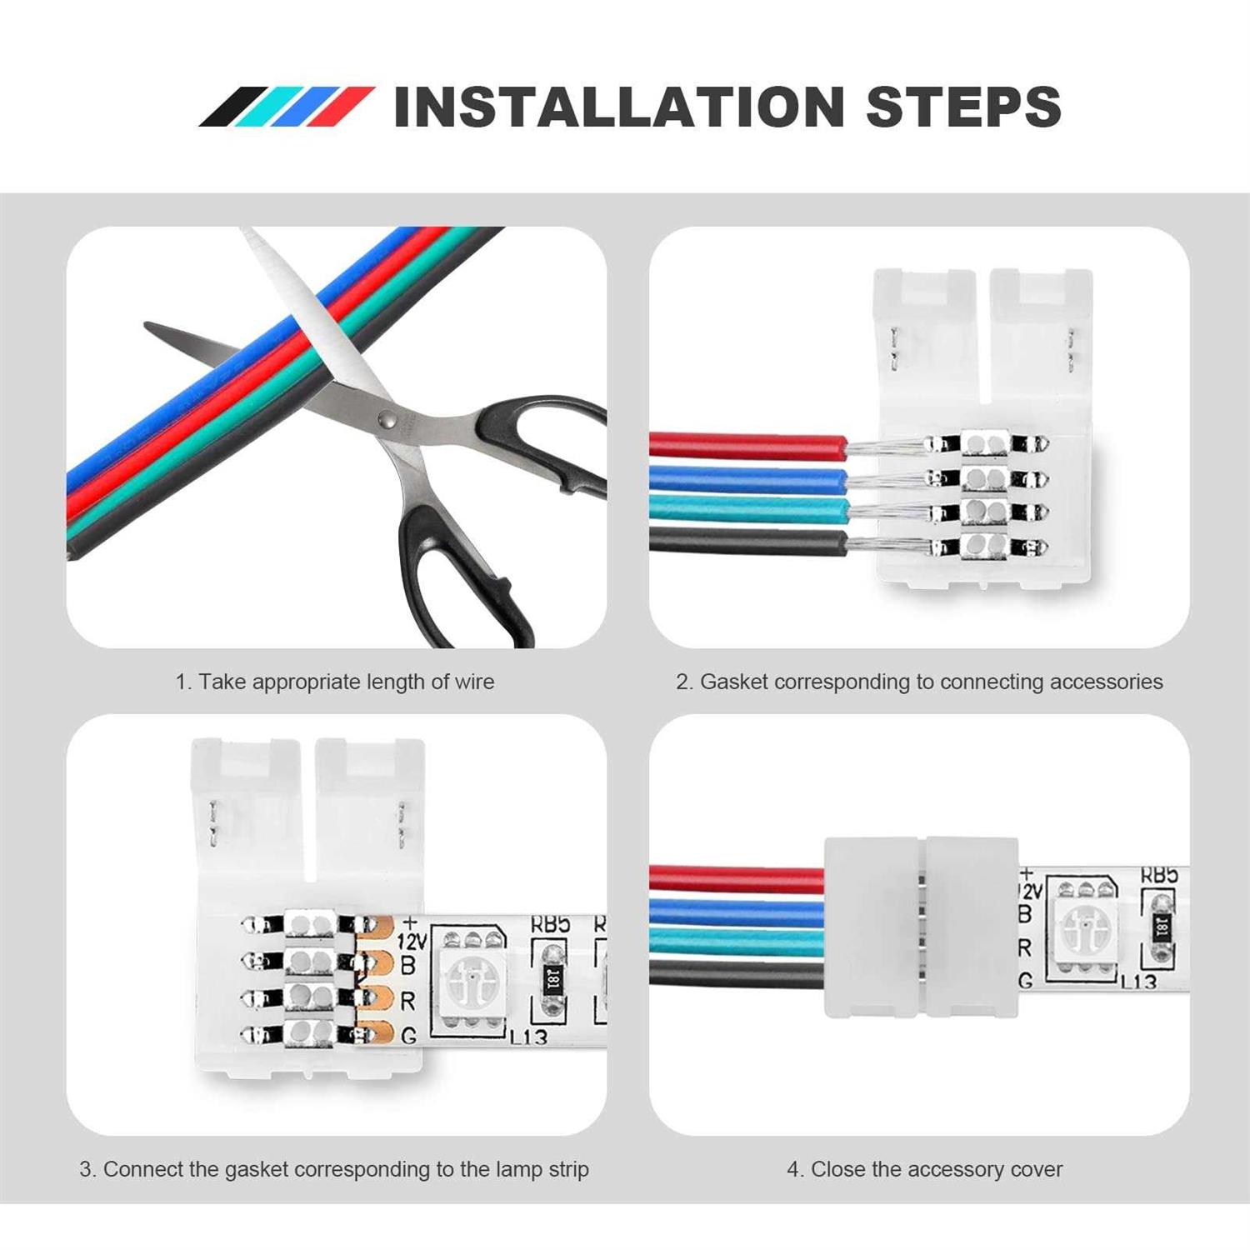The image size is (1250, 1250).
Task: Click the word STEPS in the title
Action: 963,107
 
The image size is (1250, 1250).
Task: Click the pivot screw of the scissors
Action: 385,420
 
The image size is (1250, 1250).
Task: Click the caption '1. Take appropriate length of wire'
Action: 334,682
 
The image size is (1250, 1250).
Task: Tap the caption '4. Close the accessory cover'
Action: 924,1169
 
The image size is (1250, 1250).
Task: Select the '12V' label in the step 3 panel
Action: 412,941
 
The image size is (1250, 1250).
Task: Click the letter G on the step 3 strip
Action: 408,1036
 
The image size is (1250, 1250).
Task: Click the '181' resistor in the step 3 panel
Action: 552,980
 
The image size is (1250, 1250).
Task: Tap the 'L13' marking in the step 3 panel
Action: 528,1037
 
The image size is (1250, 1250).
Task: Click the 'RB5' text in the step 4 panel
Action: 1159,875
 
